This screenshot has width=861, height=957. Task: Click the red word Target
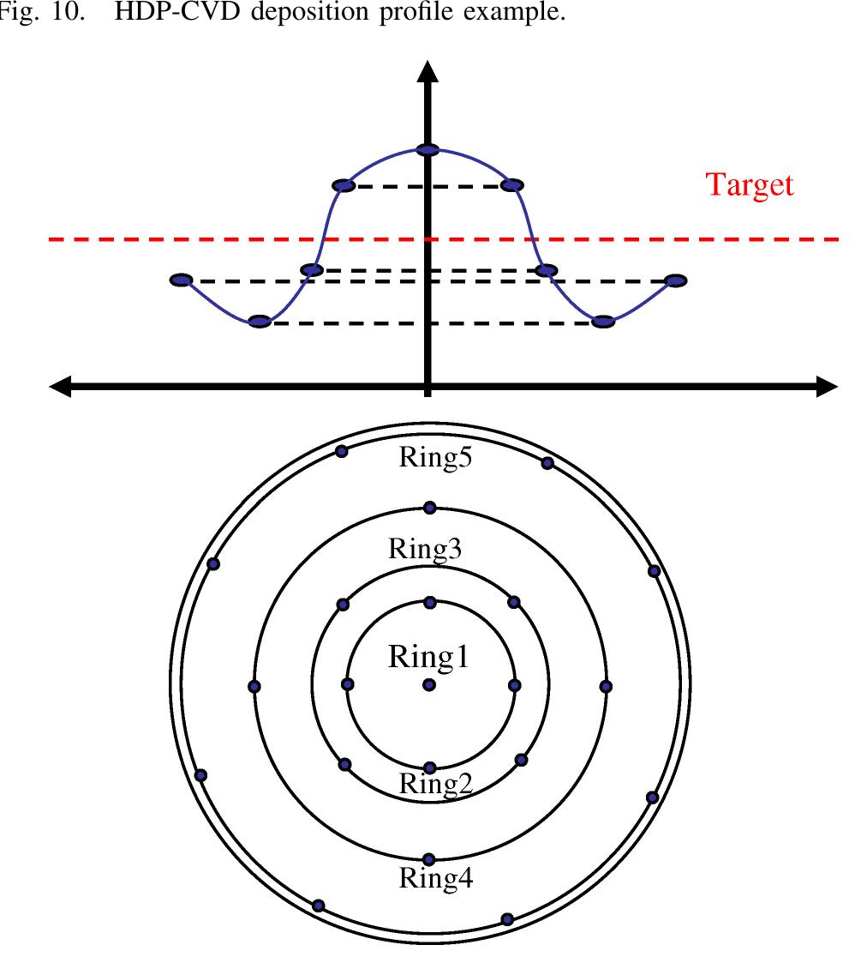pyautogui.click(x=750, y=185)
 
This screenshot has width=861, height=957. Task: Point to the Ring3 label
pyautogui.click(x=425, y=549)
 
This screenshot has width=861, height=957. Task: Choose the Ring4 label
pyautogui.click(x=436, y=879)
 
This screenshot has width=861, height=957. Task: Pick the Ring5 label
pyautogui.click(x=436, y=458)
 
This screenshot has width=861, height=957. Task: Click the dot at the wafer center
pyautogui.click(x=428, y=685)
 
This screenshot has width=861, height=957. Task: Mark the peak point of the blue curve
pyautogui.click(x=428, y=150)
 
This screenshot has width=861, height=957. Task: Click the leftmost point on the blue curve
pyautogui.click(x=182, y=280)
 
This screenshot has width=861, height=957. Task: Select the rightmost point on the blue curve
pyautogui.click(x=675, y=280)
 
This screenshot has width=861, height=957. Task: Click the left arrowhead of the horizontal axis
pyautogui.click(x=60, y=388)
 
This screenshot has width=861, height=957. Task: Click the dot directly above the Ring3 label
pyautogui.click(x=430, y=508)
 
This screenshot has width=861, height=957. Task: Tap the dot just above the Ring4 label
pyautogui.click(x=429, y=859)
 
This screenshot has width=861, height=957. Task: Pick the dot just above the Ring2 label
pyautogui.click(x=430, y=767)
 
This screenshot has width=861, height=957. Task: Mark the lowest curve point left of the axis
pyautogui.click(x=260, y=322)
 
